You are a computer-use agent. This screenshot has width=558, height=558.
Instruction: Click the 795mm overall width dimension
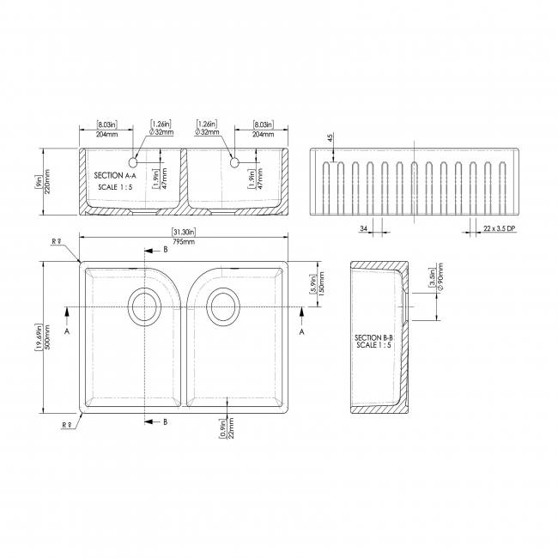click(183, 242)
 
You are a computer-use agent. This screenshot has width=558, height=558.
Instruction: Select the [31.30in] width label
click(183, 232)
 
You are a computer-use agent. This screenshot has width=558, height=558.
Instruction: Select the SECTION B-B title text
click(373, 338)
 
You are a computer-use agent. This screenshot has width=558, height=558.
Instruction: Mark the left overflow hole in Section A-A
click(134, 162)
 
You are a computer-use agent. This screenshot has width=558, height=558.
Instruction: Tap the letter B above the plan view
click(165, 250)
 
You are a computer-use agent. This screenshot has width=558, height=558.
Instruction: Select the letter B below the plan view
click(165, 422)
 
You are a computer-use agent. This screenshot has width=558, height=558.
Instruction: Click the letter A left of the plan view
click(67, 330)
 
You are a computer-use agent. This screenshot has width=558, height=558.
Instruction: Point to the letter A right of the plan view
click(301, 330)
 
